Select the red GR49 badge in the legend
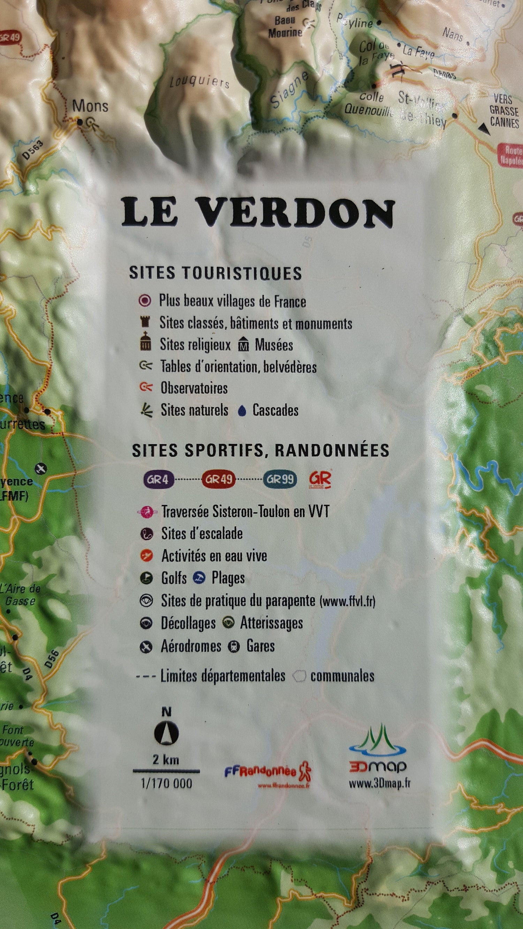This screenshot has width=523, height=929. click(218, 480)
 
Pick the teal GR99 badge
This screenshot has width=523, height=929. click(280, 480)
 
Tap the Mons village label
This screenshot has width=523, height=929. click(90, 106)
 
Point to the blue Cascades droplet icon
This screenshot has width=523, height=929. click(242, 411)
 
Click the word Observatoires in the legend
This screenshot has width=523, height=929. click(194, 388)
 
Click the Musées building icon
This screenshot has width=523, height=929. click(244, 345)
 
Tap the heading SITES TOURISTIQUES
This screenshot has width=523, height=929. click(215, 273)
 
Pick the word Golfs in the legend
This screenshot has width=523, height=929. click(174, 578)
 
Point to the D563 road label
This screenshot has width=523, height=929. click(33, 149)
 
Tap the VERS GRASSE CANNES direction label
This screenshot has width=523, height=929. click(504, 110)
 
